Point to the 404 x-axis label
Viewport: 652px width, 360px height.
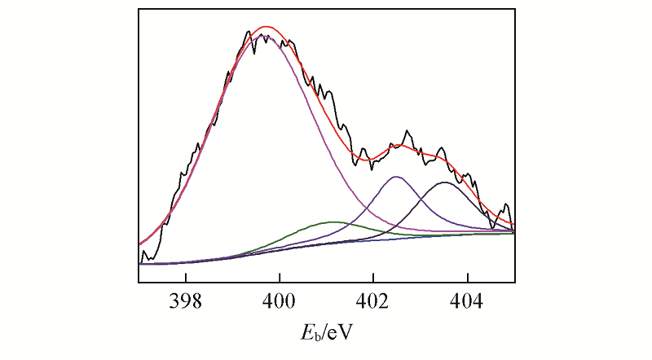click(467, 298)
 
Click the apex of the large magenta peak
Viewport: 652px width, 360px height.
click(267, 35)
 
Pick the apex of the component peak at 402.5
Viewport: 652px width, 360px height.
click(396, 177)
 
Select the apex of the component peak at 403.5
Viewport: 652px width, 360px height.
click(444, 182)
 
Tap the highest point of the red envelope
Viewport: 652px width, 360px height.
click(267, 27)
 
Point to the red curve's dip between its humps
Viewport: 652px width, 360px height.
click(372, 156)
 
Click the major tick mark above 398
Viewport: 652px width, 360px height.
click(186, 278)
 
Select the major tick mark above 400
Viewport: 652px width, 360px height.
click(280, 278)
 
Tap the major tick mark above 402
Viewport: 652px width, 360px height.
click(373, 278)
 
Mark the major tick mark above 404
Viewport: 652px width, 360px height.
click(467, 278)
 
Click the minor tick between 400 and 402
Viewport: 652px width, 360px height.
click(326, 279)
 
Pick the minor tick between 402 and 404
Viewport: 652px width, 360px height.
click(421, 279)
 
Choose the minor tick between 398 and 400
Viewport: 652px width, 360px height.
click(232, 279)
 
